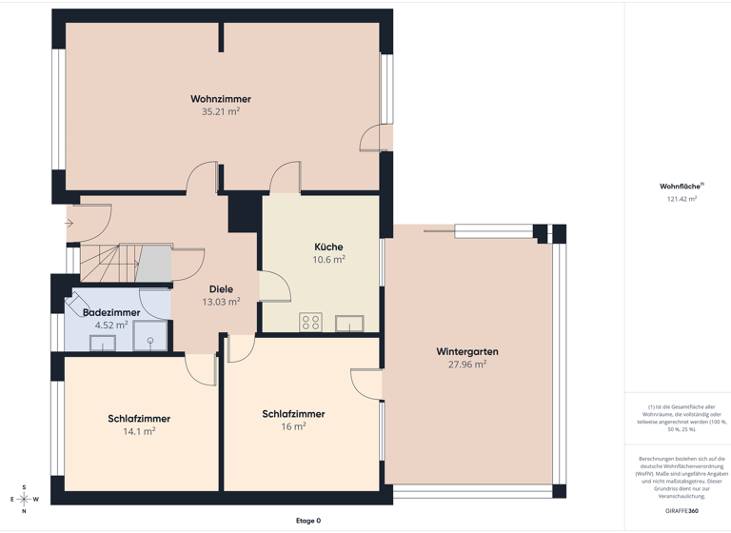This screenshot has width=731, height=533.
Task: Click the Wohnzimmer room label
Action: point(220,98)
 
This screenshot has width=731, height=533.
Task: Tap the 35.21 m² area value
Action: point(220,111)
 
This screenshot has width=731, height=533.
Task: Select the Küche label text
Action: point(328,247)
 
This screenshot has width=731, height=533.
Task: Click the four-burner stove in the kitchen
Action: point(311,322)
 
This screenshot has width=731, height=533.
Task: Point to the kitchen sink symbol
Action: point(348,324)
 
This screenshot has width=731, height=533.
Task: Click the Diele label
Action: point(221,288)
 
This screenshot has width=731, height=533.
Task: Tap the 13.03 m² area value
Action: point(221,302)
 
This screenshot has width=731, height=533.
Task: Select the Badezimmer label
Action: point(111,312)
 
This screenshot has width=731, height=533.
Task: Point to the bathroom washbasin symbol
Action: point(103,343)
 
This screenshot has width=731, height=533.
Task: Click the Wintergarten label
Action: point(467,351)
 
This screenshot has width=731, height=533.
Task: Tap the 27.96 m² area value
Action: point(467,364)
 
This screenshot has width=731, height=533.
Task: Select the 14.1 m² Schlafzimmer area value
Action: point(138,431)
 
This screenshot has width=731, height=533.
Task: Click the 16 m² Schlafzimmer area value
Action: point(293,427)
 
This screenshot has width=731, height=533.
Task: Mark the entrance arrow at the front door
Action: point(69,224)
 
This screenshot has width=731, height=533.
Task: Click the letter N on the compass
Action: point(24,511)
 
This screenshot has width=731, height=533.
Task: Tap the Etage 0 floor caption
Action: point(307,521)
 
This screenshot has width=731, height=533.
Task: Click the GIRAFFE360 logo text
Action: point(680,511)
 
